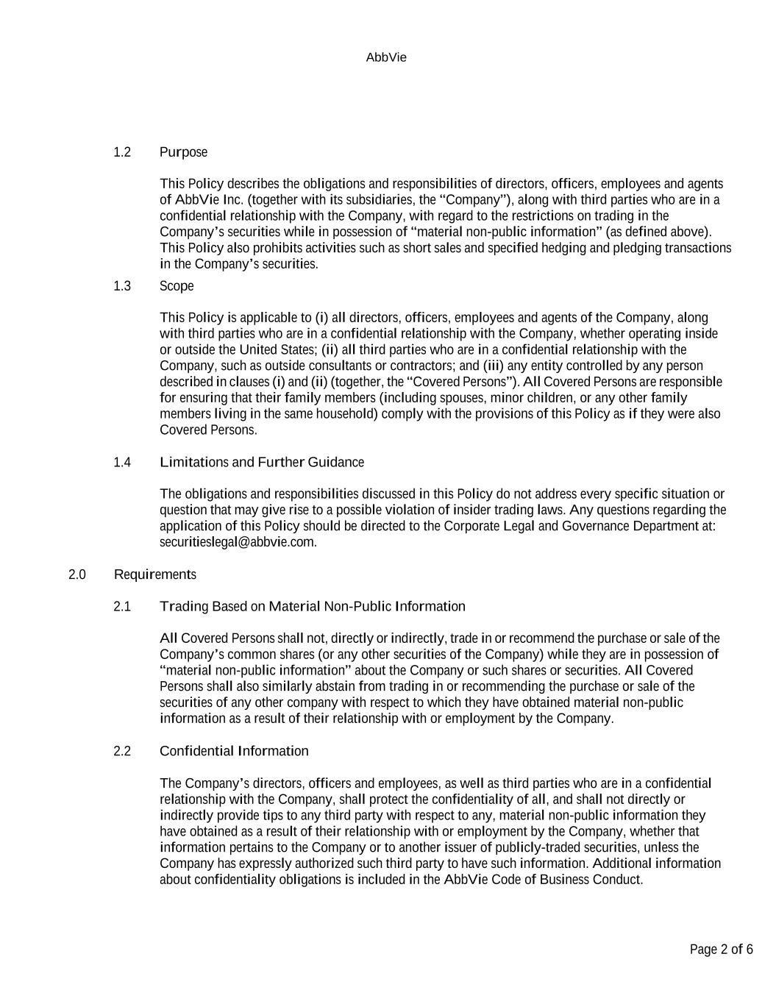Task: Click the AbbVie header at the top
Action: (386, 57)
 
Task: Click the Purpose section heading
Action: (183, 152)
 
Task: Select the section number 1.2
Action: (122, 152)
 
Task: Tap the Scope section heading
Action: (177, 286)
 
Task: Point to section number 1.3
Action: (122, 286)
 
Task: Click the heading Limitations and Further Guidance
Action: (261, 463)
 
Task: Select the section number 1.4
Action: (122, 463)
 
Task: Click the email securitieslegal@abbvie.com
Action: (237, 542)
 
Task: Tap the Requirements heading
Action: (154, 574)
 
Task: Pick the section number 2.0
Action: (77, 574)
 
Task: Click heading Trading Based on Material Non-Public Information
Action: (312, 607)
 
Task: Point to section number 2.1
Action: (122, 607)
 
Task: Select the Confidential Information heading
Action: (234, 751)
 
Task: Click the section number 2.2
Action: (122, 751)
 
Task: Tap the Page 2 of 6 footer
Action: (721, 950)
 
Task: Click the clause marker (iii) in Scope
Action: (493, 366)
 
